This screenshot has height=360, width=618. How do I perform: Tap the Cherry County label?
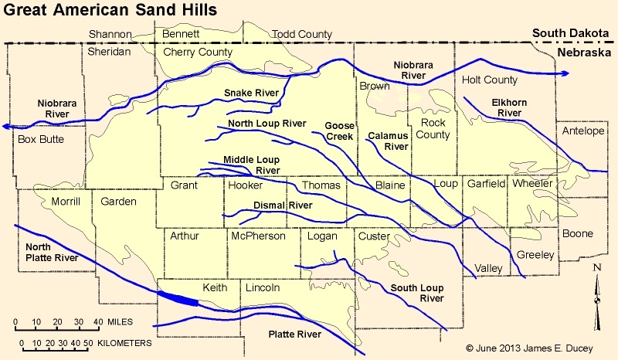pos(198,52)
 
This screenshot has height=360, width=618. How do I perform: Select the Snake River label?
pos(251,93)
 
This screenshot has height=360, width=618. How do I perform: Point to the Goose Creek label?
pos(338,131)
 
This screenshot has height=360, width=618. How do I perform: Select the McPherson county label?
pos(258,236)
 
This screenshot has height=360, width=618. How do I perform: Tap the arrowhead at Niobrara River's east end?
pos(566,73)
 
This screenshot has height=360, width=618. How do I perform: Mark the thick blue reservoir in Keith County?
pos(178,298)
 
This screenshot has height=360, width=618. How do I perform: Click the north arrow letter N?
pos(596,268)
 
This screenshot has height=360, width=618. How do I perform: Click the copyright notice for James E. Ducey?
pos(529,349)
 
